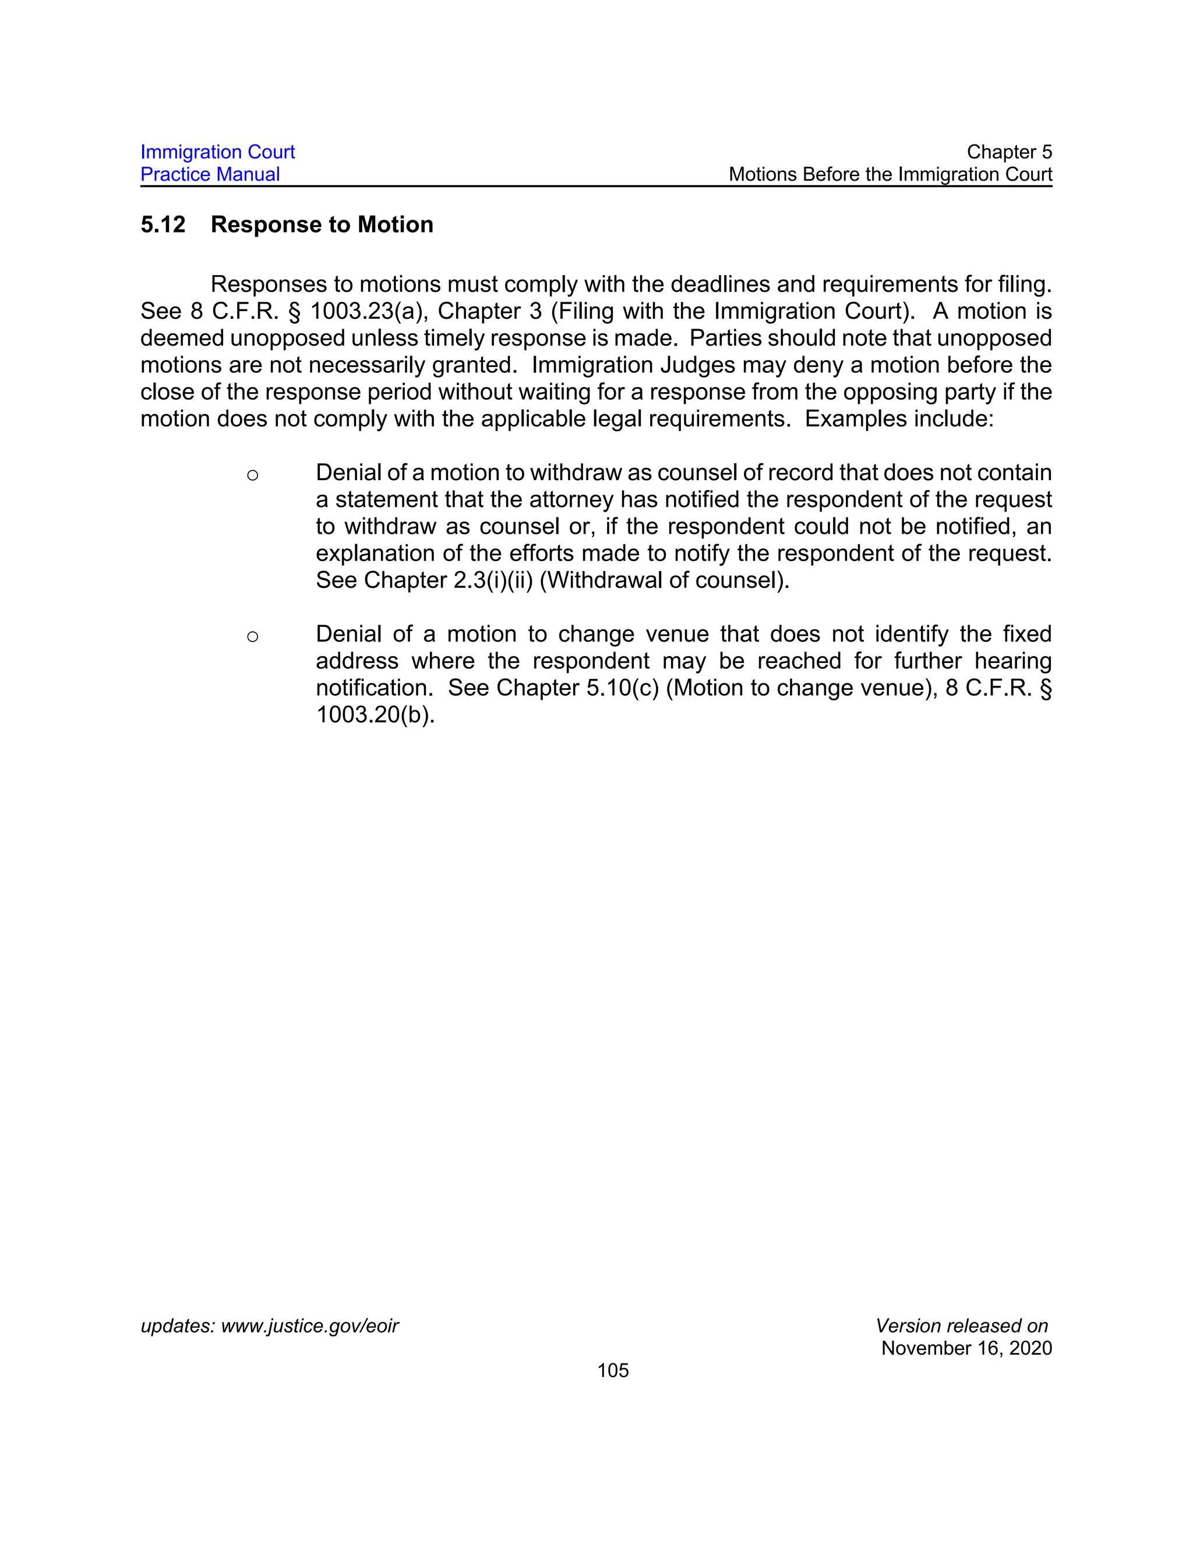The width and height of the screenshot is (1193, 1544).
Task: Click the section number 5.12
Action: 163,225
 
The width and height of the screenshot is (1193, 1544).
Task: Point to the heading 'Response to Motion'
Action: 322,225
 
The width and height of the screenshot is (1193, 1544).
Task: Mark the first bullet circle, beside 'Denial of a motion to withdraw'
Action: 252,475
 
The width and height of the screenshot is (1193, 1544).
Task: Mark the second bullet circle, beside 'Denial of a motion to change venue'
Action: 252,637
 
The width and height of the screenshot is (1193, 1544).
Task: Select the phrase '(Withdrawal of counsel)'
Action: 664,580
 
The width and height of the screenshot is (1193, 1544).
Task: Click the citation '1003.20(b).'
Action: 375,714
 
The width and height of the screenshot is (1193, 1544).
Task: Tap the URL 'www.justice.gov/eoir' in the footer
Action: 309,1326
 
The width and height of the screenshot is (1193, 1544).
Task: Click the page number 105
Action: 613,1371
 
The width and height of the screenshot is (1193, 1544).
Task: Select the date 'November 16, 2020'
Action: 966,1348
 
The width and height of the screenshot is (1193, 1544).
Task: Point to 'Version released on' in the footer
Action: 961,1326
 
